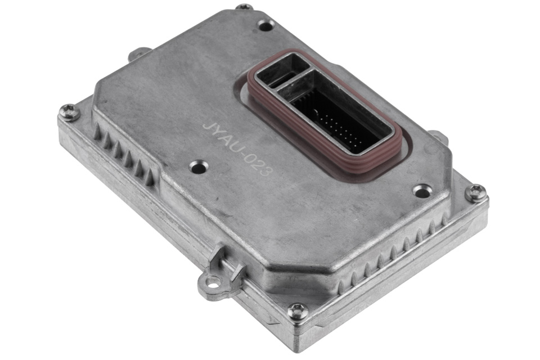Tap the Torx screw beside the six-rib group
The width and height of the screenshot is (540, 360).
pos(69,112)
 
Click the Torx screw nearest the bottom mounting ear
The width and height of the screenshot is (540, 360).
pos(297,311)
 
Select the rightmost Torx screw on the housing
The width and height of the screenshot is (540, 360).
pos(476,192)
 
